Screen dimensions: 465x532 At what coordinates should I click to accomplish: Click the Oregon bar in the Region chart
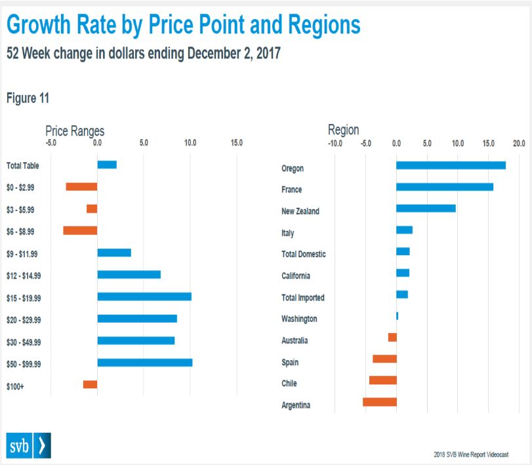point(451,165)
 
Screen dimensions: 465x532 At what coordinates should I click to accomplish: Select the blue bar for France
point(445,187)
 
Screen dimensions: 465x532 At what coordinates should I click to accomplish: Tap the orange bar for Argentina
point(380,402)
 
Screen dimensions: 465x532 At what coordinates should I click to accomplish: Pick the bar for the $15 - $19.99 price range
point(144,296)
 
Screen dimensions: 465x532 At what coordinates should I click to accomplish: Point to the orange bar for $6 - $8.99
point(80,230)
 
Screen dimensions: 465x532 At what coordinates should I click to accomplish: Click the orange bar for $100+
point(90,384)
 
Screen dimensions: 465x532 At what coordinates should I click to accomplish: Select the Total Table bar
point(107,164)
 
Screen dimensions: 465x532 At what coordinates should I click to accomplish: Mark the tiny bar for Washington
point(398,316)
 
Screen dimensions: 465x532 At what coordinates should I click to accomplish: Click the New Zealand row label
point(300,211)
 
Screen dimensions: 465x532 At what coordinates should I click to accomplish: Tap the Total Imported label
point(302,298)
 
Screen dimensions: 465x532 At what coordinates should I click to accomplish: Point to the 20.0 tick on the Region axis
point(519,142)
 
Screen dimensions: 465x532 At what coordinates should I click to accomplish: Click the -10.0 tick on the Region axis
point(335,142)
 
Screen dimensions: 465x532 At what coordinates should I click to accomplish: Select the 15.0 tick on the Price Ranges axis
point(236,142)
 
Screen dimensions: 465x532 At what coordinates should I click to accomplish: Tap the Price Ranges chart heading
point(75,131)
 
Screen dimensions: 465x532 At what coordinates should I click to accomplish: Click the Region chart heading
point(344,130)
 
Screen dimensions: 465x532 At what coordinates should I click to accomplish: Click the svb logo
point(28,445)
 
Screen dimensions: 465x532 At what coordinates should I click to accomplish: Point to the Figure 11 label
point(28,98)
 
